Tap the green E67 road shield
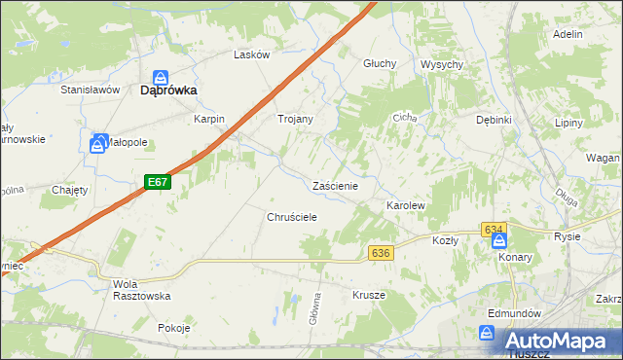point(159,182)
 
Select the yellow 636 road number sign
point(381,253)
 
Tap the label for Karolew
point(407,207)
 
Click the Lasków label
point(251,55)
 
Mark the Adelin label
point(567,34)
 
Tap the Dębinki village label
point(494,120)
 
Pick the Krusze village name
point(369,295)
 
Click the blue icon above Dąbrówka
point(162,74)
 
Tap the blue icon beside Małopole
point(98,144)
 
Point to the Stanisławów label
point(90,90)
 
